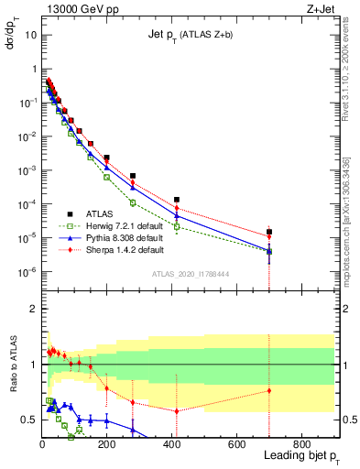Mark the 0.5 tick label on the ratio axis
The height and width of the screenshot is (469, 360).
pyautogui.click(x=28, y=420)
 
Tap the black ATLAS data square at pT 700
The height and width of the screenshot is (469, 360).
pyautogui.click(x=269, y=232)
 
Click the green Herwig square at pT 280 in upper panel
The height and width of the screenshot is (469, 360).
pyautogui.click(x=133, y=202)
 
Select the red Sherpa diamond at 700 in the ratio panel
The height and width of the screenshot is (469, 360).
pyautogui.click(x=269, y=391)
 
